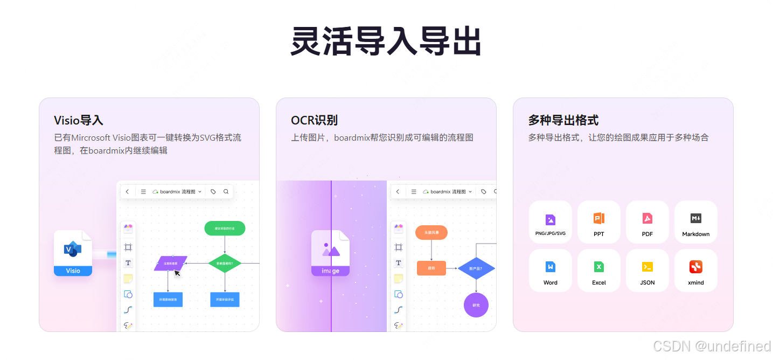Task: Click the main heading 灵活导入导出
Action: pyautogui.click(x=386, y=41)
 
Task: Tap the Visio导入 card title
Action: pyautogui.click(x=78, y=120)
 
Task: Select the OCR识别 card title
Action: pyautogui.click(x=314, y=120)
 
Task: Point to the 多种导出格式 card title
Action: pyautogui.click(x=563, y=120)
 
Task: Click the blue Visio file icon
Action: pyautogui.click(x=73, y=253)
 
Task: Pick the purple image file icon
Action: pyautogui.click(x=330, y=253)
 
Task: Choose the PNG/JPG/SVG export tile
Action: pyautogui.click(x=550, y=222)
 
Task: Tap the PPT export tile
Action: pyautogui.click(x=598, y=222)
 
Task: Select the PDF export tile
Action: pyautogui.click(x=647, y=222)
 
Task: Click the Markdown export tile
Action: pyautogui.click(x=695, y=222)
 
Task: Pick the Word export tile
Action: pyautogui.click(x=550, y=271)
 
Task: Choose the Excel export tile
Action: pyautogui.click(x=598, y=271)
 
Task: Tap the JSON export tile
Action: pyautogui.click(x=647, y=271)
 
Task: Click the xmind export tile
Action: pyautogui.click(x=695, y=271)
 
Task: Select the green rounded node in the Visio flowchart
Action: pyautogui.click(x=225, y=229)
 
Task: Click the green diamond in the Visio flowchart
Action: pyautogui.click(x=225, y=264)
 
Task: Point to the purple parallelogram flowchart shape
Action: pyautogui.click(x=170, y=263)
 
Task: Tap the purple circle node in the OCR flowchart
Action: pyautogui.click(x=476, y=305)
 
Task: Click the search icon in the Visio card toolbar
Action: pyautogui.click(x=226, y=191)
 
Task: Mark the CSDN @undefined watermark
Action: pyautogui.click(x=712, y=346)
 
